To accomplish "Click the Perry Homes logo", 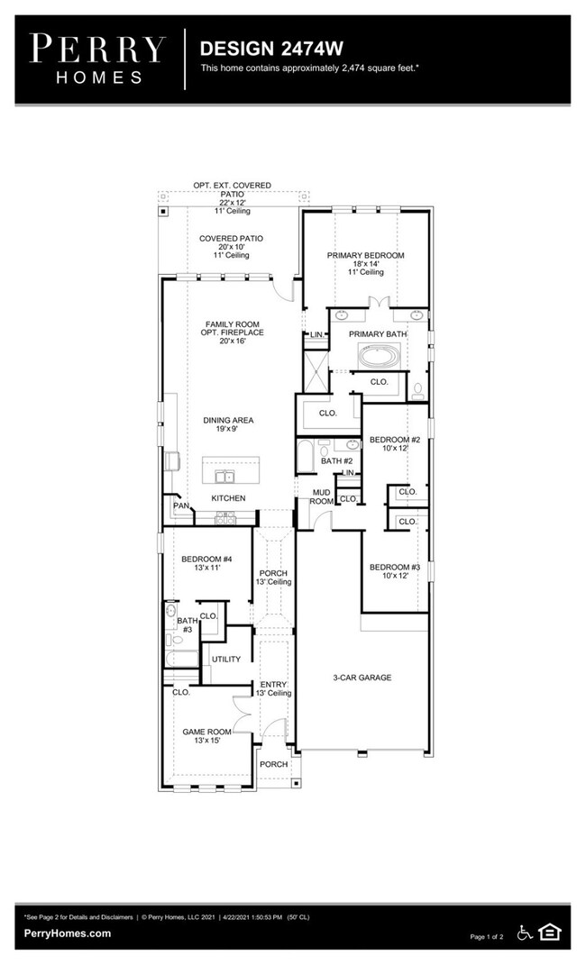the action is coord(98,59).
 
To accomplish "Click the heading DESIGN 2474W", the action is coord(271,49).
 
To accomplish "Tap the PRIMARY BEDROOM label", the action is coord(366,255).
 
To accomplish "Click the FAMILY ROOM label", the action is coord(233,324).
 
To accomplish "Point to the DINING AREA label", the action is coord(228,421).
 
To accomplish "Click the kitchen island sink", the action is coord(225,477).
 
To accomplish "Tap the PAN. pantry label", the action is coord(181,505).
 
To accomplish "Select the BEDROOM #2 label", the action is coord(395,440).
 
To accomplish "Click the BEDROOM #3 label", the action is coord(395,568).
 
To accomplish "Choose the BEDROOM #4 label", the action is coord(206,560).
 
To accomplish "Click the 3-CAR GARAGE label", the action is coord(362,678).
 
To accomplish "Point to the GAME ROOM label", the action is coord(206,732).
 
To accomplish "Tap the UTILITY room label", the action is coord(226,660).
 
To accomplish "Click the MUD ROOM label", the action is coord(321,497).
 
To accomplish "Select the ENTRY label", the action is coord(273,685).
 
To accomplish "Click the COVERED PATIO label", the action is coord(232,239).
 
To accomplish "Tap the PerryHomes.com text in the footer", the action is coord(68,933).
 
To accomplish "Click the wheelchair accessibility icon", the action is coord(525,933).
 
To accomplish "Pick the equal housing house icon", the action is coord(549,933).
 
